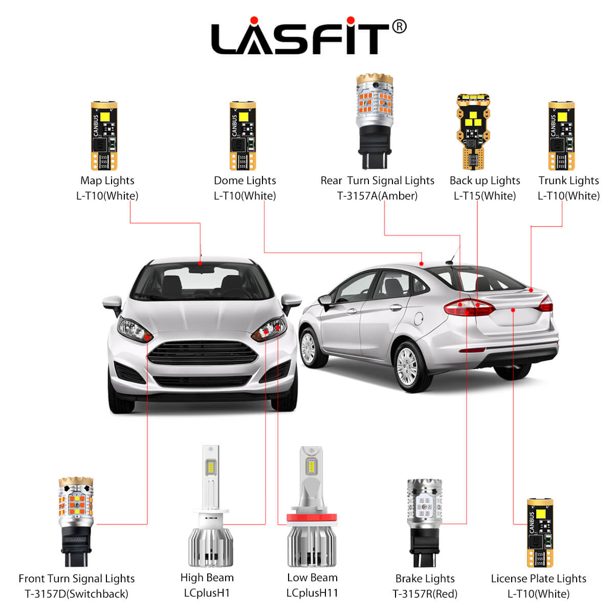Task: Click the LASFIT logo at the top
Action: coord(300,38)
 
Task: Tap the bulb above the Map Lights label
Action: coord(104,136)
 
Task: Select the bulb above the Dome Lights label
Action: coord(243,136)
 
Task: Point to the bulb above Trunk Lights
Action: coord(561,136)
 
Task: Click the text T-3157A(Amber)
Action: coord(377,196)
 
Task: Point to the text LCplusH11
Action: coord(312,593)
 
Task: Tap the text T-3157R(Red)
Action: coord(425,594)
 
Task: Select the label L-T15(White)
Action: coord(485,196)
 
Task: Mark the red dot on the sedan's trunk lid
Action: coord(513,310)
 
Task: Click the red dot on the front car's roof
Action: coord(200,264)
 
